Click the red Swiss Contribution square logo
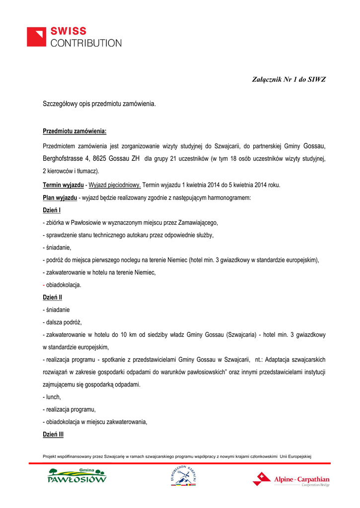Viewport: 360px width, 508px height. pos(37,37)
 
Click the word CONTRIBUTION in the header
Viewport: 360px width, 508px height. pos(86,43)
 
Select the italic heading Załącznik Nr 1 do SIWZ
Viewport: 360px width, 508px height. pos(289,79)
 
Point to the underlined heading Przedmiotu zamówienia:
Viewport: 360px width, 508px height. pos(75,131)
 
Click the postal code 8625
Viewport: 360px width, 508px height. pos(100,159)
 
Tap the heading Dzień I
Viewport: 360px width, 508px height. pos(52,210)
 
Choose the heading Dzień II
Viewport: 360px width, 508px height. pos(53,297)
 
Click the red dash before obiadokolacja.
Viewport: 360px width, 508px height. pos(44,285)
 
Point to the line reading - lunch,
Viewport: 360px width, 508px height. pos(52,397)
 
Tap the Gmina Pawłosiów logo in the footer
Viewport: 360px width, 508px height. pos(77,476)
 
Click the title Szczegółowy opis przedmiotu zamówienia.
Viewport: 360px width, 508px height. pos(99,104)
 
